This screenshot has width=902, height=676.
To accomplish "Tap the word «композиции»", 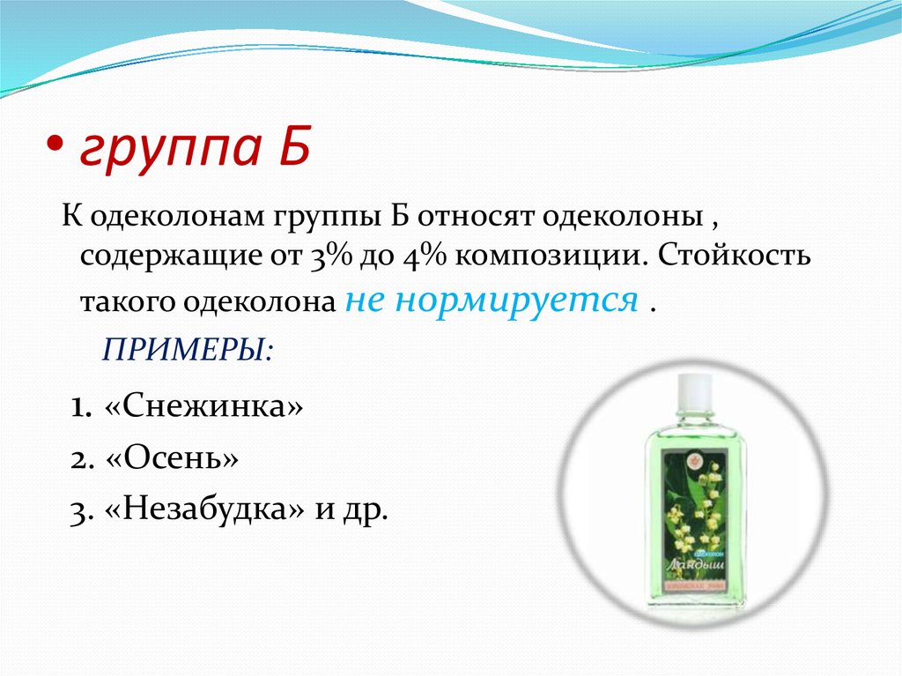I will click(548, 259).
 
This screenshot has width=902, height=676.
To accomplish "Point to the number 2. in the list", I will click(82, 459).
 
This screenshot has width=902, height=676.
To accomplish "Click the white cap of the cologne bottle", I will click(694, 389).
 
